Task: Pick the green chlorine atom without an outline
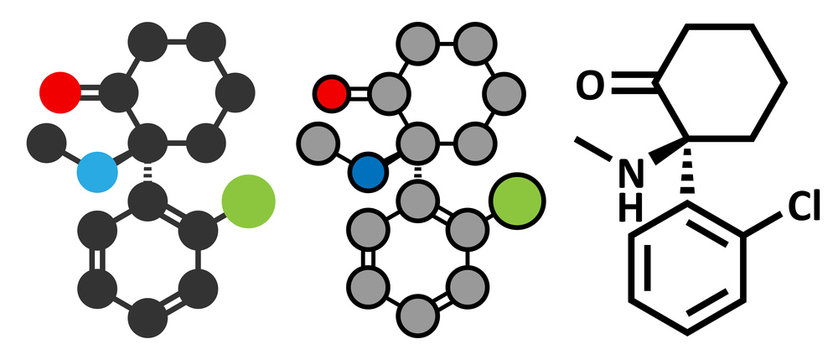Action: coord(245,197)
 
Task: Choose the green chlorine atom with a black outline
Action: coord(519,200)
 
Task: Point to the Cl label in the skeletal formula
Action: coord(804,207)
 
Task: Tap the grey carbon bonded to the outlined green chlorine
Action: coord(466,233)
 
